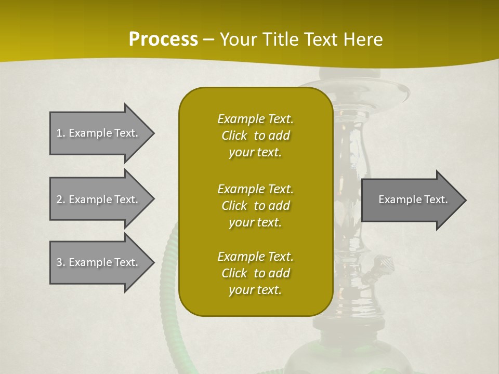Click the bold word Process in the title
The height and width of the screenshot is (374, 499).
click(163, 39)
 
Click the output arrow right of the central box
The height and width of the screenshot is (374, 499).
click(411, 199)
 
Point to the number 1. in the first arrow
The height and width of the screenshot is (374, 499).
click(61, 133)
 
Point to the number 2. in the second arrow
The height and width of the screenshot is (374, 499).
click(61, 199)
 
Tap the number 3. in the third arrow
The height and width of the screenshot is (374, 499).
click(61, 262)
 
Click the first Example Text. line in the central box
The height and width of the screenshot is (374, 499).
click(255, 119)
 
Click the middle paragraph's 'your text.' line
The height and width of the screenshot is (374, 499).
click(255, 222)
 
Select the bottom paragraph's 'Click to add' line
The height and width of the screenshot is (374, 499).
click(255, 273)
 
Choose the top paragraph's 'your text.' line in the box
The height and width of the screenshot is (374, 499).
click(255, 153)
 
